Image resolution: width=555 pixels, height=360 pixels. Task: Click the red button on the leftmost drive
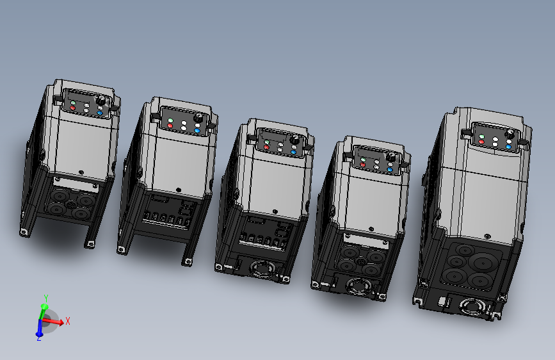pos(72,108)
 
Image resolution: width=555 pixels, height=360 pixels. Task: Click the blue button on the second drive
pos(197,131)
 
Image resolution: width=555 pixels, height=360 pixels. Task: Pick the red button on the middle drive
pos(266,147)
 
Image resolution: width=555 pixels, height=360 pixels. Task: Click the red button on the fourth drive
pos(363,165)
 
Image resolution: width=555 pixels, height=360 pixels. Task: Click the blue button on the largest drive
pos(508,147)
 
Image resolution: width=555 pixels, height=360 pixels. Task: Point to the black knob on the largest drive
pos(510,134)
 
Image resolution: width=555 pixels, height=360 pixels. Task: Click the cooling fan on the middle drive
pos(261,266)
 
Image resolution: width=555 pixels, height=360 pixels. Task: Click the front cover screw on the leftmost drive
pos(81,171)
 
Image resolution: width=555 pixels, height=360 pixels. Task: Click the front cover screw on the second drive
pos(178,189)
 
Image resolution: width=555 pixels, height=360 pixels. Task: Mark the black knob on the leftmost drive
pos(101,101)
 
